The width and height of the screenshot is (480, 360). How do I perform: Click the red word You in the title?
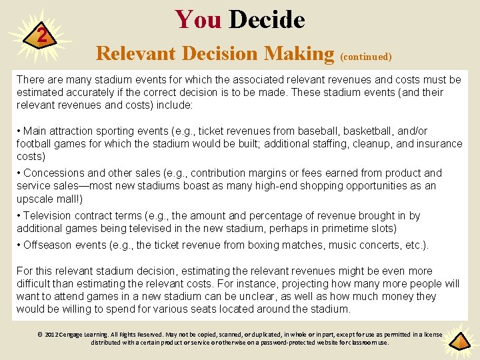pyautogui.click(x=197, y=20)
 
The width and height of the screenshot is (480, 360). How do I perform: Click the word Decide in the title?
pyautogui.click(x=267, y=20)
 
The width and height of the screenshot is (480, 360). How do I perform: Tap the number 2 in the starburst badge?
pyautogui.click(x=41, y=36)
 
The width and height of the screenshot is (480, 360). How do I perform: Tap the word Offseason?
pyautogui.click(x=48, y=245)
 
